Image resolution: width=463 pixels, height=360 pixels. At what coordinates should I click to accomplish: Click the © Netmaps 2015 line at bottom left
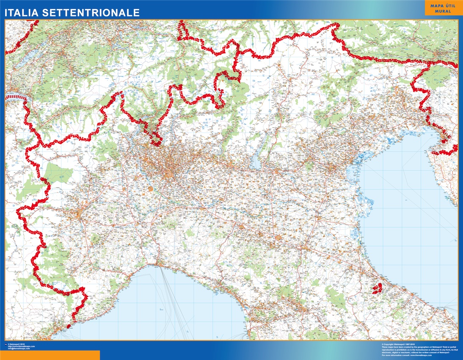coord(17,344)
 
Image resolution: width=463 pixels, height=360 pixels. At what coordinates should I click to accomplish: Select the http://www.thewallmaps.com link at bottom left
coord(21,346)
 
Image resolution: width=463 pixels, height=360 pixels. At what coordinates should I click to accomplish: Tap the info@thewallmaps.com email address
coord(19,349)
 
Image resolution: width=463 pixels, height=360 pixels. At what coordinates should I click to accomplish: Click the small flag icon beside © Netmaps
coord(5,344)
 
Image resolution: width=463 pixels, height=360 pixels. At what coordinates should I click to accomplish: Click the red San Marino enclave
coord(376,288)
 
